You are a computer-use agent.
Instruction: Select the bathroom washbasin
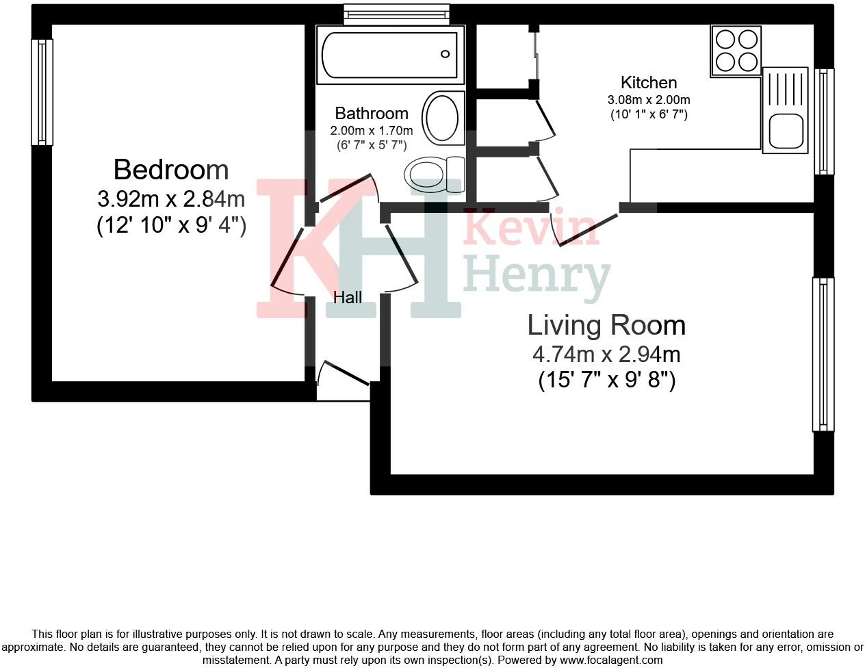click(442, 118)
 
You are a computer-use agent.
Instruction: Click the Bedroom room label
click(170, 169)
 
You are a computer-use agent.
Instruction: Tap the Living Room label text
click(606, 325)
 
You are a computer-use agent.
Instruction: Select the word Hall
click(348, 297)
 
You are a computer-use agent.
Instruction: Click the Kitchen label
click(648, 83)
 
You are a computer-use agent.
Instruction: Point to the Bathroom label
click(371, 114)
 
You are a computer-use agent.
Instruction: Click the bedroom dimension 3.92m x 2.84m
click(171, 199)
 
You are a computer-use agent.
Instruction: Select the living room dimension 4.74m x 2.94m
click(606, 355)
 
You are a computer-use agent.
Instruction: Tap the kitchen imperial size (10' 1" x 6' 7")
click(649, 115)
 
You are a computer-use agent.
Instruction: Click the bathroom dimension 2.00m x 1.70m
click(371, 131)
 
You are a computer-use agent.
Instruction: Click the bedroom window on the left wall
click(42, 92)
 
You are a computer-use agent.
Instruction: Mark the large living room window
click(823, 354)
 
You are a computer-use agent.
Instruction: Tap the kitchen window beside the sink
click(824, 121)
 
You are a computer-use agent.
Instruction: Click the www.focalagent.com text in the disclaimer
click(610, 660)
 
